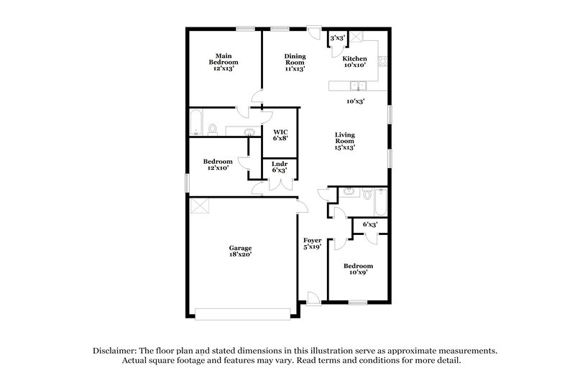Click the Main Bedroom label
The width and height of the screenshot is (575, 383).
pos(224,63)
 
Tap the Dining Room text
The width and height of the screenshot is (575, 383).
pos(295,63)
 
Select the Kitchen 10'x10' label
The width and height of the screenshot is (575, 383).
pos(354,62)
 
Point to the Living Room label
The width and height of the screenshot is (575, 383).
pos(345,141)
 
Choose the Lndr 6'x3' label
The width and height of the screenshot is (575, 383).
pos(280,167)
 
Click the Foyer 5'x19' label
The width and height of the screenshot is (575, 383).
pos(312,244)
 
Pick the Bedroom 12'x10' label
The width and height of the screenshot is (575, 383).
pos(217,165)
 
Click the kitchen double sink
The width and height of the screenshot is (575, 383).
pos(362,86)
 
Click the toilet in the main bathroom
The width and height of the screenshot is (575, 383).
pos(213,129)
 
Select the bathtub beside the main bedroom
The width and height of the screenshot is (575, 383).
pos(195,123)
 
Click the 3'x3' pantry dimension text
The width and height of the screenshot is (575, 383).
pos(336,37)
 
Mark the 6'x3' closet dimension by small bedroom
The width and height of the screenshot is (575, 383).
pos(370,225)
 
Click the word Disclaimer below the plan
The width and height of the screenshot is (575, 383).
pos(118,350)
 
